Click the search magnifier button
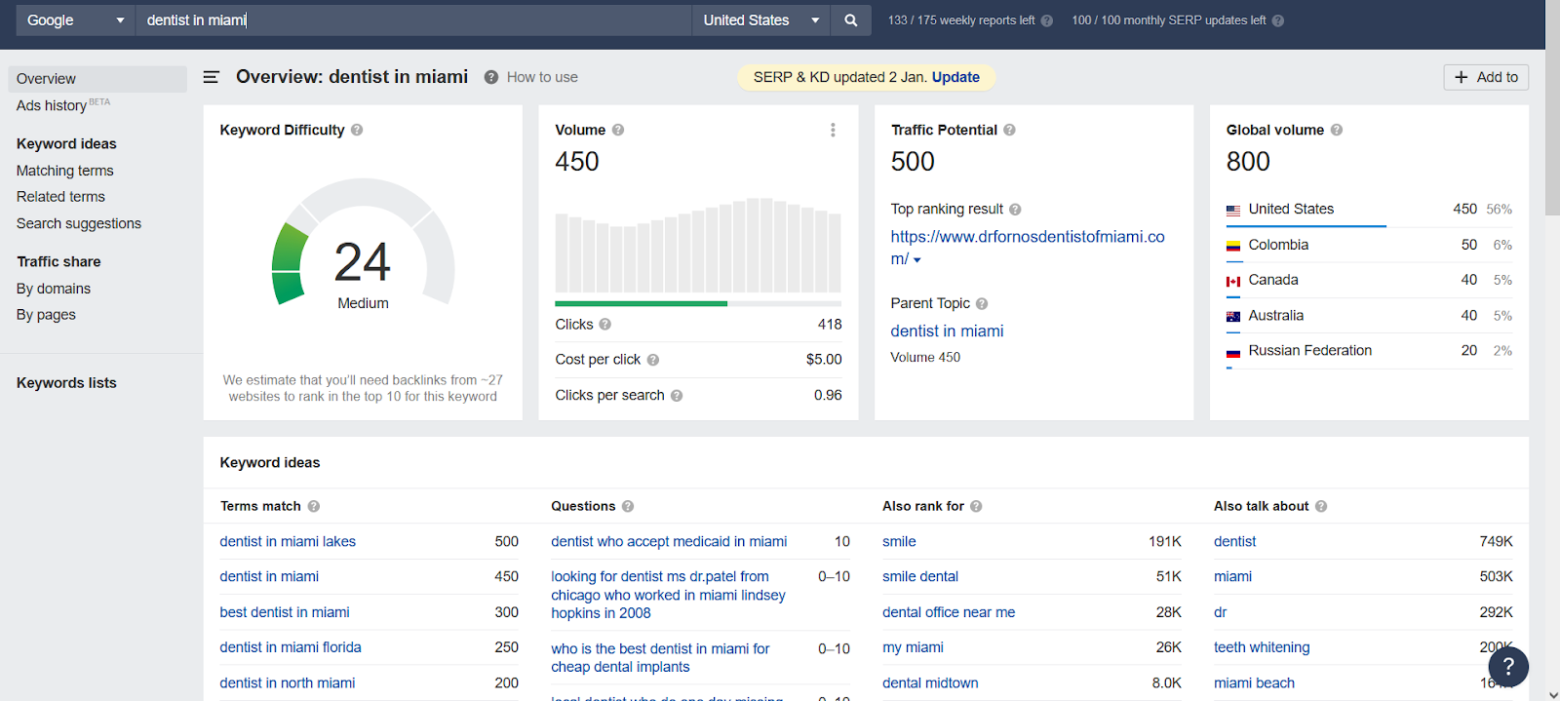click(x=851, y=20)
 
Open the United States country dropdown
click(x=760, y=20)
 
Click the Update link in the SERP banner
click(x=955, y=77)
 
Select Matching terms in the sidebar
click(x=64, y=171)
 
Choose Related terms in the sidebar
click(x=60, y=197)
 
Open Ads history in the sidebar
click(x=52, y=105)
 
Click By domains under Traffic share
click(x=54, y=289)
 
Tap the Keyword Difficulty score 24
click(x=363, y=261)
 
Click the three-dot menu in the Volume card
click(x=833, y=130)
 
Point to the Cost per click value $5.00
click(x=824, y=360)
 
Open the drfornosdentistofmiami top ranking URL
click(x=1027, y=237)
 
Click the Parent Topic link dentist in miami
click(x=947, y=331)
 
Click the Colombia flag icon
click(x=1233, y=246)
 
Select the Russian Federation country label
click(x=1309, y=351)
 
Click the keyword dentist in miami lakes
click(x=288, y=542)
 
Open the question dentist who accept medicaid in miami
click(x=669, y=542)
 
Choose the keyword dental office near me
click(x=949, y=612)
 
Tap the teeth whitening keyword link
click(x=1262, y=647)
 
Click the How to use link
click(x=542, y=77)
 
